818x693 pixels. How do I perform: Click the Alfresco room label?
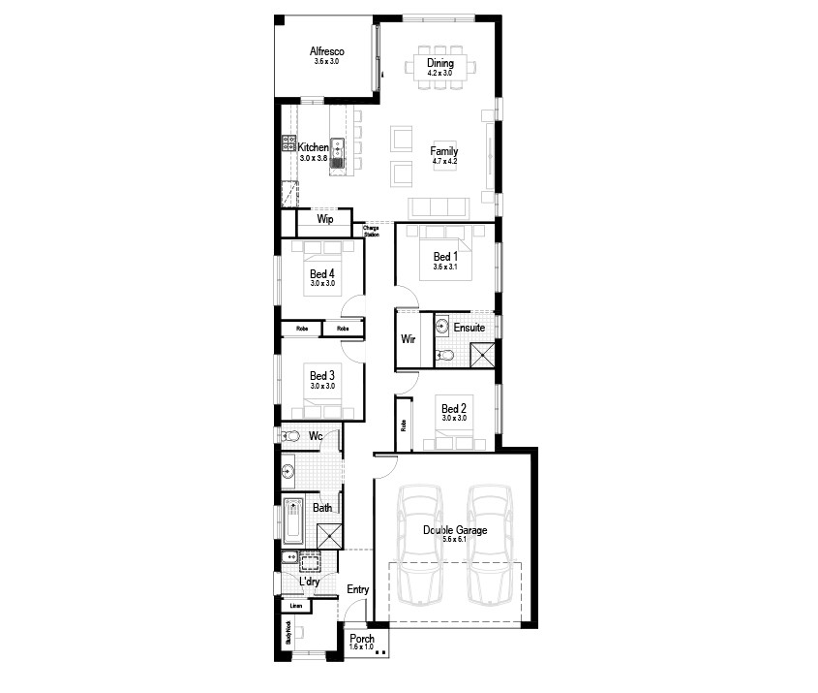tap(328, 51)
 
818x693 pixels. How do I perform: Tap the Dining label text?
tap(440, 63)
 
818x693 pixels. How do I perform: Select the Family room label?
tap(444, 151)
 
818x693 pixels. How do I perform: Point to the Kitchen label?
tap(313, 147)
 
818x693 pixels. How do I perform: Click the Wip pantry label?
tap(325, 220)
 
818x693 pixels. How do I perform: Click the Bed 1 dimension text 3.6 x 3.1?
tap(445, 267)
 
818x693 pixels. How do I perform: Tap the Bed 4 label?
tap(322, 274)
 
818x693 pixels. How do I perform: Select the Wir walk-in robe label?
tap(408, 339)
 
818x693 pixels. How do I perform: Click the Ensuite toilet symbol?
tap(444, 356)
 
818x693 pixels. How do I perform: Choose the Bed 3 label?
tap(322, 375)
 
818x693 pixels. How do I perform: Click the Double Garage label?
tap(455, 530)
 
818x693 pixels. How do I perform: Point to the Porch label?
tap(362, 639)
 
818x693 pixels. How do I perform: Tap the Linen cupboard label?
tap(296, 606)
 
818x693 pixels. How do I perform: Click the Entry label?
tap(357, 589)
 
